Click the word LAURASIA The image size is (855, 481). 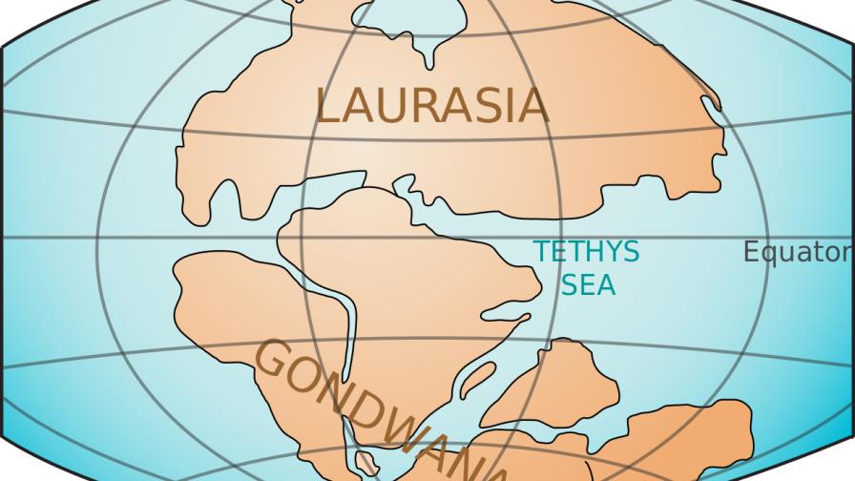pos(431,106)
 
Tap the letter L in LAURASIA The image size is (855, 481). pos(326,106)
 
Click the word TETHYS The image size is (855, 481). pos(586,252)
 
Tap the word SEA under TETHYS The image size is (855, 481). pos(588,284)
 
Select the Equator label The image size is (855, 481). pos(798,252)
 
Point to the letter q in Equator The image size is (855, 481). pos(769,255)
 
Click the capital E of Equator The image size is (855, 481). pos(752,252)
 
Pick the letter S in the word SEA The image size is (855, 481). pos(570,284)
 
